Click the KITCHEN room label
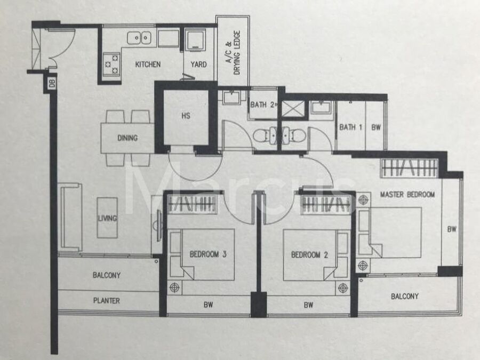tap(148, 65)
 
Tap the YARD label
tap(198, 65)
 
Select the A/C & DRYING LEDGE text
tap(233, 53)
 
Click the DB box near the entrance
tap(52, 83)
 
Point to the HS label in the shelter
tap(186, 116)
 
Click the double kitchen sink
tap(139, 38)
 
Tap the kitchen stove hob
tap(111, 65)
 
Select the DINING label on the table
tap(127, 138)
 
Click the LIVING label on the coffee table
tap(107, 218)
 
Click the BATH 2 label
tap(262, 105)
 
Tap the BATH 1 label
tap(351, 127)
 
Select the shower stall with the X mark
tap(293, 108)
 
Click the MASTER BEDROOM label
tap(407, 194)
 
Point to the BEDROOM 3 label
tap(208, 254)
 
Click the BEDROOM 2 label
tap(309, 255)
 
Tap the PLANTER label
tap(107, 301)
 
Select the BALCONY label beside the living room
tap(107, 275)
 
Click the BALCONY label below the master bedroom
tap(405, 296)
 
